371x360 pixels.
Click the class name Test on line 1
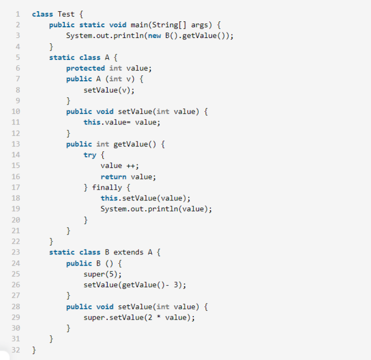tap(66, 14)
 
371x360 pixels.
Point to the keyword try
tap(90, 155)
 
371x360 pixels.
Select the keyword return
tap(113, 177)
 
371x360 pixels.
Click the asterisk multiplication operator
tap(159, 318)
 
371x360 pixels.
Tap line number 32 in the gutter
tap(15, 350)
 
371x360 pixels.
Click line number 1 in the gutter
tap(17, 14)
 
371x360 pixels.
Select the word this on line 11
tap(92, 122)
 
